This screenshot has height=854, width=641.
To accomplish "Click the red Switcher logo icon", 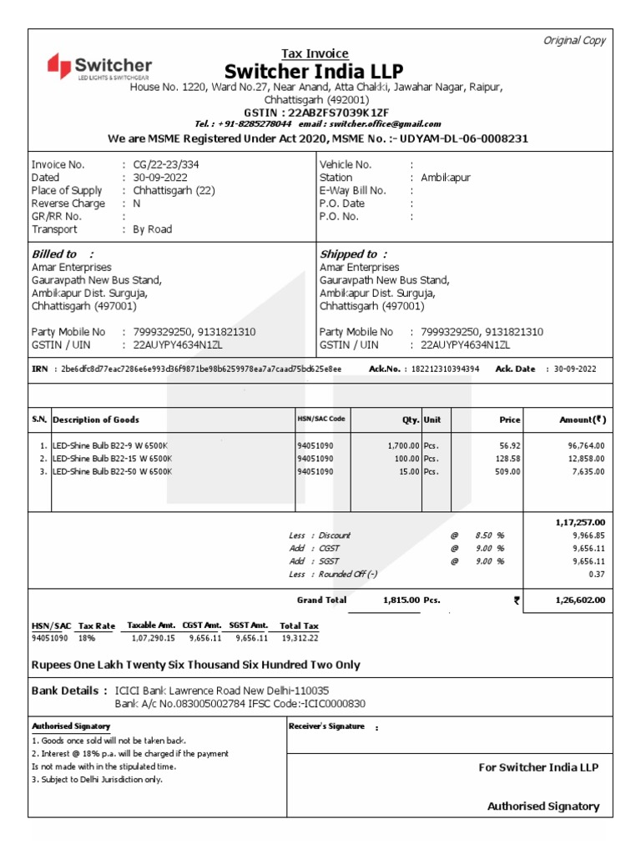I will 59,65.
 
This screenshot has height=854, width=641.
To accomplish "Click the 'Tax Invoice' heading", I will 315,53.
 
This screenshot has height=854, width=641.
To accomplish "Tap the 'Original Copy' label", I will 574,41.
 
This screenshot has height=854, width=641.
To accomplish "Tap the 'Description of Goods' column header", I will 96,419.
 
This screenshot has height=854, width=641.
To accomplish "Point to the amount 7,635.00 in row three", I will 585,471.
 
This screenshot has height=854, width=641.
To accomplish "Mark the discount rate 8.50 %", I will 489,535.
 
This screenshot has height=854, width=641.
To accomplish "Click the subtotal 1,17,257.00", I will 579,521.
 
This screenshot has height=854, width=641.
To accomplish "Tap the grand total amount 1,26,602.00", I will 580,600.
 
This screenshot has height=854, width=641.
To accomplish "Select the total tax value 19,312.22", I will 299,638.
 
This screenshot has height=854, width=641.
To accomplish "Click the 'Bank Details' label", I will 68,691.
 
